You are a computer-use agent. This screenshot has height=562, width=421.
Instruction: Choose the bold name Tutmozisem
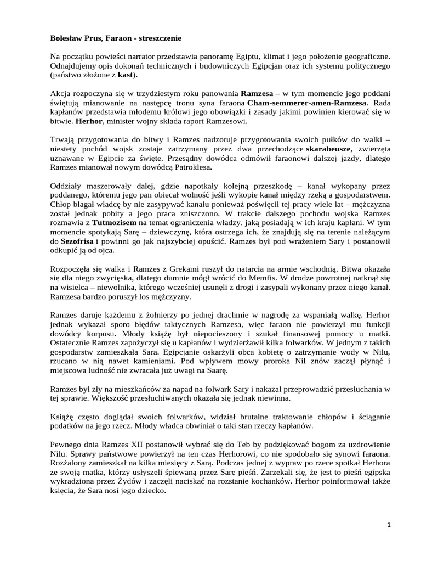pos(99,223)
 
